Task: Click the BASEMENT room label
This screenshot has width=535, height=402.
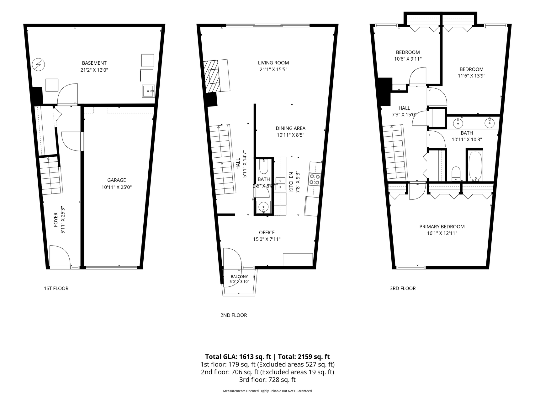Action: click(x=94, y=63)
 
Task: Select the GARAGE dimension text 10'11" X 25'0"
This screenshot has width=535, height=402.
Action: click(x=116, y=187)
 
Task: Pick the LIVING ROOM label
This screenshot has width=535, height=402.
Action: click(x=273, y=63)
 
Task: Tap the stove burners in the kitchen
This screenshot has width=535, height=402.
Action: click(x=315, y=179)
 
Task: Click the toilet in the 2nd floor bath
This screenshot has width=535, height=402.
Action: click(x=263, y=167)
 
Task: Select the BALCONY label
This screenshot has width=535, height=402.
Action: click(x=239, y=277)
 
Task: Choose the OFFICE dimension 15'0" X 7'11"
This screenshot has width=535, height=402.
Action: click(x=267, y=239)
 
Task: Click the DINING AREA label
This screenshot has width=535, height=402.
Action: click(x=290, y=128)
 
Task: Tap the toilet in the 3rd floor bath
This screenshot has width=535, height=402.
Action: click(x=456, y=174)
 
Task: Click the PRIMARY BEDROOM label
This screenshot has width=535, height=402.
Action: click(x=442, y=227)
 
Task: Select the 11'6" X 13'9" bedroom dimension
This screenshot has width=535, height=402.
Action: click(x=471, y=76)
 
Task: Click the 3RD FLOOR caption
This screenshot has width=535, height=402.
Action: click(x=403, y=288)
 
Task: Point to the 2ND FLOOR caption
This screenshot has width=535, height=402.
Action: click(x=234, y=315)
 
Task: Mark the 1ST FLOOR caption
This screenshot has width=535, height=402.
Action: click(x=56, y=288)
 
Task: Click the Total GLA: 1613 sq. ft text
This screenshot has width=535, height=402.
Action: click(x=238, y=356)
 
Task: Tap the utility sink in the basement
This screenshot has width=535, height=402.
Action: click(x=148, y=91)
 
